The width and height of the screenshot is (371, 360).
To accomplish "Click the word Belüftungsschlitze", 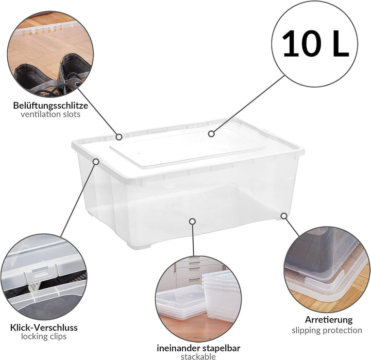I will point(50,105).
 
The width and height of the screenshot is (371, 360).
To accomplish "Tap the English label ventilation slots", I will point(50,114).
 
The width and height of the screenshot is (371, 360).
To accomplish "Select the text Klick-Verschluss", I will point(44,327).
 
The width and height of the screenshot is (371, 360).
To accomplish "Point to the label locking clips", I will point(44,337).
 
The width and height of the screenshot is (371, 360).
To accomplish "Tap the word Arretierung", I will point(328,320).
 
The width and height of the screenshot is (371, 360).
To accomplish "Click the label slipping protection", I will point(327,330).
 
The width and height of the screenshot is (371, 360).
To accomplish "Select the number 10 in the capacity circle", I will point(299,43).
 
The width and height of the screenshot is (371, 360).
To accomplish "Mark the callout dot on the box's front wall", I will point(192,221).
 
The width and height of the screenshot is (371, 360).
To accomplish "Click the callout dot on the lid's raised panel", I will point(211,133).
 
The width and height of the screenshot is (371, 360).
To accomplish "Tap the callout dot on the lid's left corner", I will point(96,161).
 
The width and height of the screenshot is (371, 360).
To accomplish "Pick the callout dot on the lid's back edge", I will point(119,137).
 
